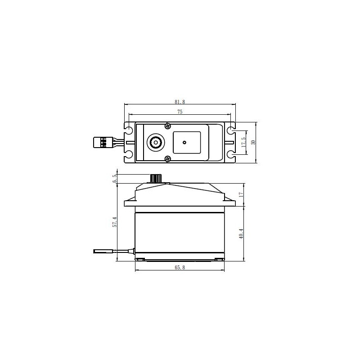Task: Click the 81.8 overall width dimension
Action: pos(180,102)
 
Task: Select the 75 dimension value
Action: pos(180,112)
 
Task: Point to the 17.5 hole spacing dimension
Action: pos(244,142)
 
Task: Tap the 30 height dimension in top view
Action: pos(253,142)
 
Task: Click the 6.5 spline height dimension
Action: pos(115,178)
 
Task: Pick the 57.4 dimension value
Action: pos(115,222)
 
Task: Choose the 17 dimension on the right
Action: pos(241,195)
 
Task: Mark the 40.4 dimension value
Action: pos(241,234)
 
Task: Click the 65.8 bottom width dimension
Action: pos(180,267)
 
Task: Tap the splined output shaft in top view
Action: pos(156,143)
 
